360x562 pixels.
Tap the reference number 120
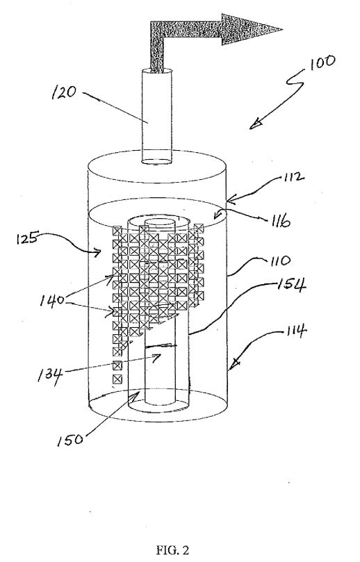(x=64, y=92)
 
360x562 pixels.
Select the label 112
(x=293, y=177)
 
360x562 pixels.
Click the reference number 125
(x=27, y=238)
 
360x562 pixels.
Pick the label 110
(x=281, y=261)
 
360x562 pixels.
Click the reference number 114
(x=295, y=331)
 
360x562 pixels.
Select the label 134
(x=50, y=376)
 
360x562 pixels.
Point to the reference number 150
(x=69, y=440)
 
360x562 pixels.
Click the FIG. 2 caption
(x=172, y=549)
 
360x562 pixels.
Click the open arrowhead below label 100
(x=255, y=124)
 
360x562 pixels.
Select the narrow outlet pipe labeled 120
(x=156, y=117)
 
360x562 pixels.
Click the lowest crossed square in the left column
(x=117, y=379)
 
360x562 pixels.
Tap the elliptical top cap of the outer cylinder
(x=157, y=168)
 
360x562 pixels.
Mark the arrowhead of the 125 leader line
(x=97, y=253)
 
